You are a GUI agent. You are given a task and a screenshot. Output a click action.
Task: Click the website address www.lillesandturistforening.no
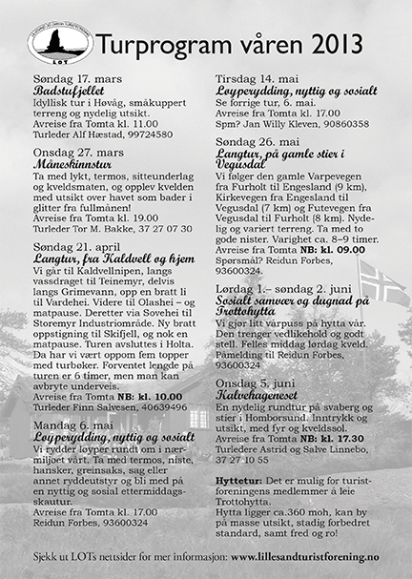310,555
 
